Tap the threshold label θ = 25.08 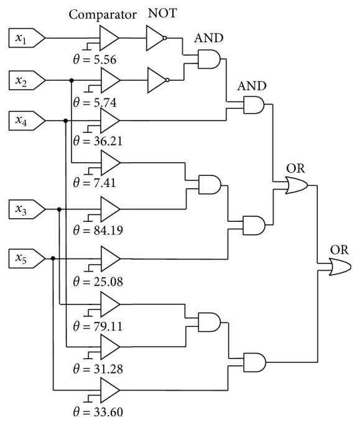tap(98, 281)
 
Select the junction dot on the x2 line tap(72, 80)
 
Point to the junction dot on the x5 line tap(53, 257)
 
